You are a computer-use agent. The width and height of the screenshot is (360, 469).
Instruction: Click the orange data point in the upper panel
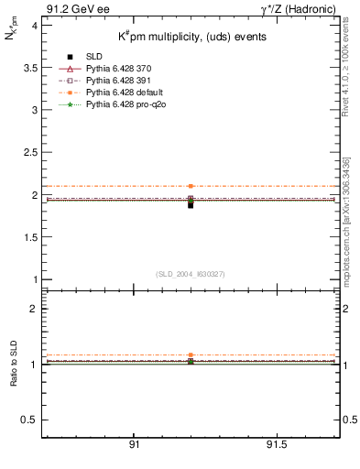point(191,186)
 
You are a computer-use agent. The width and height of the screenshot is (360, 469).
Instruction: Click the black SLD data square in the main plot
point(191,205)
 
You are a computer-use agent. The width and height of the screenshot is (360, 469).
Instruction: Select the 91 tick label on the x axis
point(134,444)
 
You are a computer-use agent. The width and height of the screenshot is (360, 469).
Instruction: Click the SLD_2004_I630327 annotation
point(191,274)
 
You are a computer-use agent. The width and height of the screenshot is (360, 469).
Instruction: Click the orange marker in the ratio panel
point(191,354)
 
